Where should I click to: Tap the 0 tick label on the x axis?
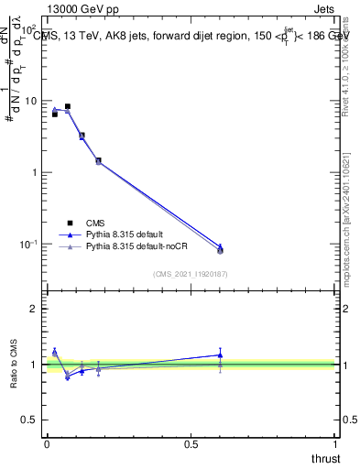tap(46, 444)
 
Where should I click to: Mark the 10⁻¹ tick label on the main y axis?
tap(29, 245)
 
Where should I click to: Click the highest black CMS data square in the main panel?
tap(67, 106)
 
